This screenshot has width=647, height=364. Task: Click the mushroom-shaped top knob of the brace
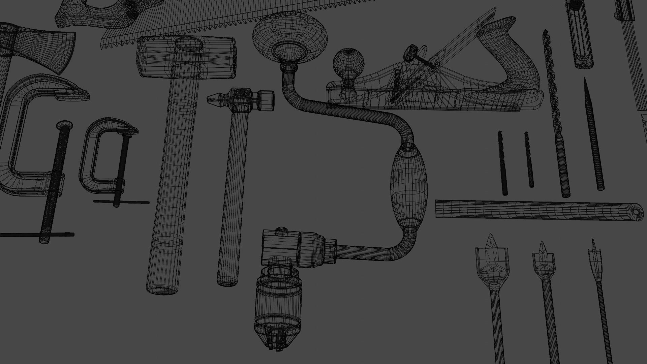click(x=290, y=37)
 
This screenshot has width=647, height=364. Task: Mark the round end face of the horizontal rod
click(x=636, y=212)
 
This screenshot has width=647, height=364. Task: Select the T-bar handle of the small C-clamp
click(x=121, y=202)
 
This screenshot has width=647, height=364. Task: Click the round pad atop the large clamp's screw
click(x=65, y=126)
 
